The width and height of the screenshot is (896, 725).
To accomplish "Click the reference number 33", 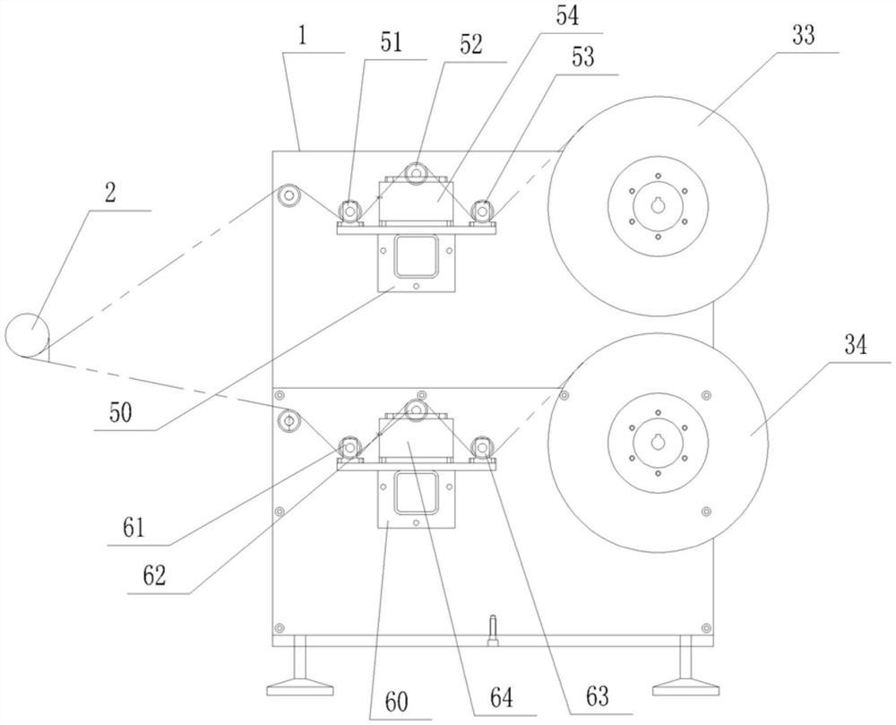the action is tap(803, 35).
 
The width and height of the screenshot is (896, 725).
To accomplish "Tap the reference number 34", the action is tap(856, 346).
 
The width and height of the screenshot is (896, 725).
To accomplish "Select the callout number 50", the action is tap(121, 412).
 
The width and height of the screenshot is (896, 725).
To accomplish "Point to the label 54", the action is tap(567, 15).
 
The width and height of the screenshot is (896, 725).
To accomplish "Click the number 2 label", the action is tap(110, 193).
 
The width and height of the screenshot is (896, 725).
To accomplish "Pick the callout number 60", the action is tap(396, 702).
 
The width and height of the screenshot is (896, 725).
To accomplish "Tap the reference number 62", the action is tap(154, 576).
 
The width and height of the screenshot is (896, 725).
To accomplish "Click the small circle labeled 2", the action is tap(27, 335).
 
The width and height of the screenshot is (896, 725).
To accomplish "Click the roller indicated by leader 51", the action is tap(349, 211).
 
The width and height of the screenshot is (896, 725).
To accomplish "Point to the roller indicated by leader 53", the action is tap(483, 211).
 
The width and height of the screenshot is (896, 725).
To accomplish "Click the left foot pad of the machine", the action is tap(300, 687).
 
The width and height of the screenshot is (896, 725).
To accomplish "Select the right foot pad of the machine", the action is tap(685, 687).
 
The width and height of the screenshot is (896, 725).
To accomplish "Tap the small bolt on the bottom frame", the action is tap(493, 630).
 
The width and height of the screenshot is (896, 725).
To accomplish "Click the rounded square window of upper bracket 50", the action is tap(416, 256).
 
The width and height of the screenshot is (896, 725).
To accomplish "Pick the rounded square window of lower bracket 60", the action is tap(416, 493).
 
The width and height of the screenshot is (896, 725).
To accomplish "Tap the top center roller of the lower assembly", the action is tap(416, 409).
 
